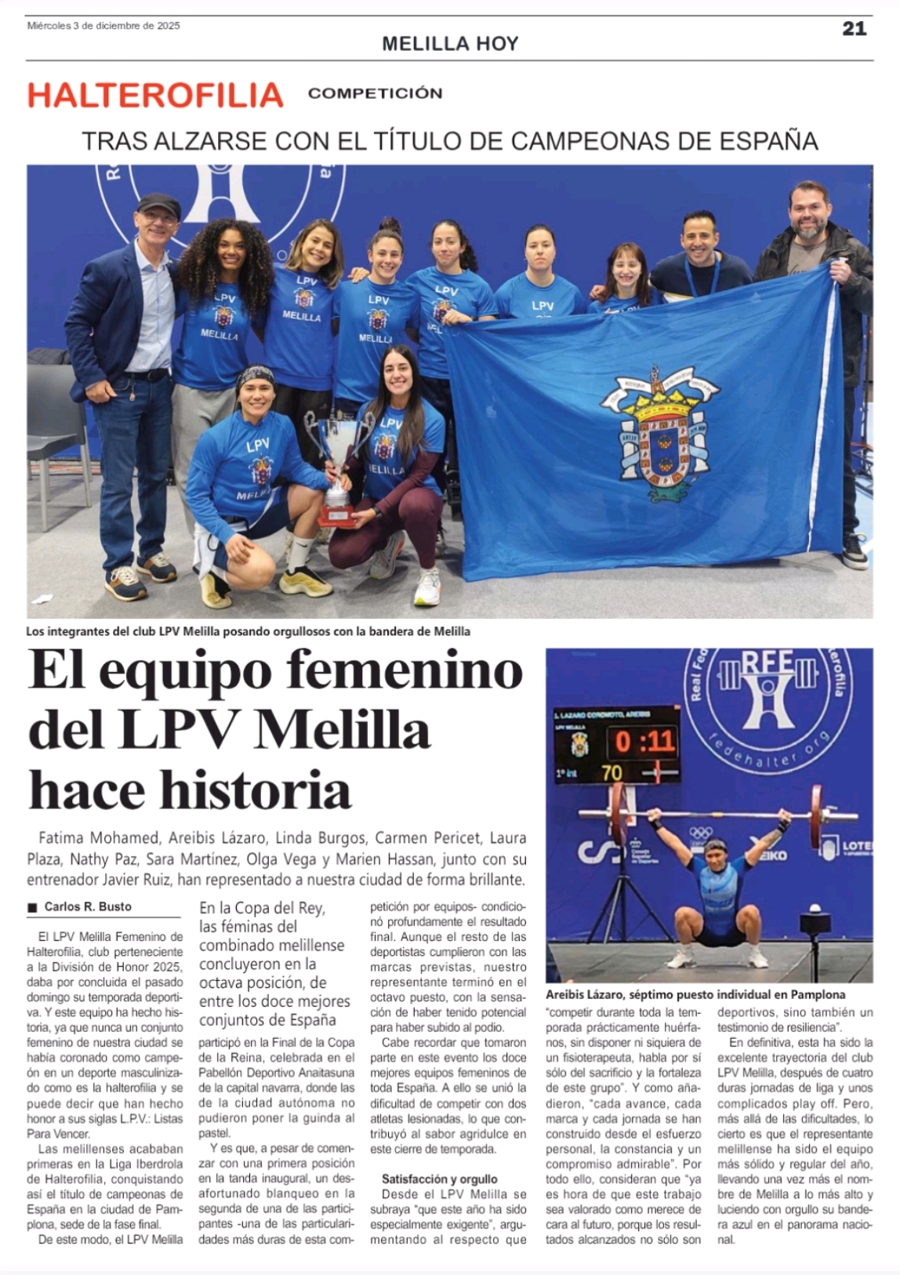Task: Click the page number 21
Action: pyautogui.click(x=854, y=28)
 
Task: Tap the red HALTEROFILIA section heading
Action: pyautogui.click(x=155, y=95)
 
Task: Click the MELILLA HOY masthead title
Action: pyautogui.click(x=450, y=44)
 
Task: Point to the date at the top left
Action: pyautogui.click(x=103, y=26)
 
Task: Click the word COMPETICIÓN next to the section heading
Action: pyautogui.click(x=375, y=93)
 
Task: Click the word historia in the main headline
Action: pyautogui.click(x=256, y=790)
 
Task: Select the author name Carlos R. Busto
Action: pyautogui.click(x=88, y=906)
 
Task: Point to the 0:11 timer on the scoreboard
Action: pyautogui.click(x=644, y=741)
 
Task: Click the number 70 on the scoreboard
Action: pyautogui.click(x=611, y=773)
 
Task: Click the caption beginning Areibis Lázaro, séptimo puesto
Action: pyautogui.click(x=695, y=994)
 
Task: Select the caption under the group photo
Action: pyautogui.click(x=248, y=631)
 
